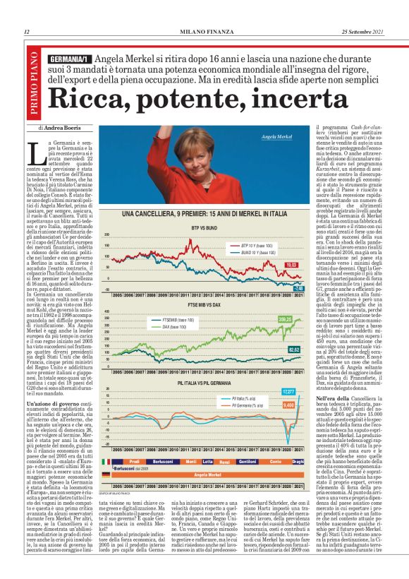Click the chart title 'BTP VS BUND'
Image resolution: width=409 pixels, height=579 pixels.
pyautogui.click(x=204, y=208)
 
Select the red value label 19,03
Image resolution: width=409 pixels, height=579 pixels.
pyautogui.click(x=290, y=265)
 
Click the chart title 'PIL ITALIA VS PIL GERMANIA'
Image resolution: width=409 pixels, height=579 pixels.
pyautogui.click(x=204, y=382)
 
